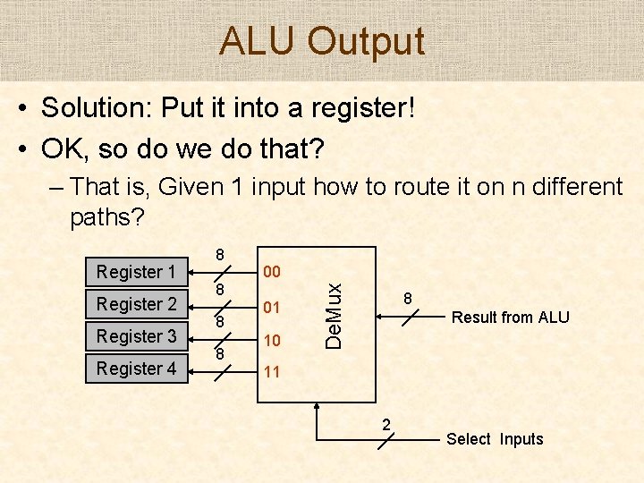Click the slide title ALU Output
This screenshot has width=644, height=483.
[x=322, y=41]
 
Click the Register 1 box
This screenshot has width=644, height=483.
[x=136, y=271]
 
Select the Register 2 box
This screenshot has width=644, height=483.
[x=136, y=303]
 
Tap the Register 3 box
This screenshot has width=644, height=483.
[x=136, y=335]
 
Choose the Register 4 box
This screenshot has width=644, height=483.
[x=136, y=368]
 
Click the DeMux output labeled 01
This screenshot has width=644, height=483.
[x=271, y=307]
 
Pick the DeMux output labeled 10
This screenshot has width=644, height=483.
[x=271, y=341]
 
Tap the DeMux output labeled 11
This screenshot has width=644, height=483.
[x=271, y=371]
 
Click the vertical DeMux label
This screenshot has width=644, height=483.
[x=334, y=316]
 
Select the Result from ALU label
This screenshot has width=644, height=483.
[x=510, y=318]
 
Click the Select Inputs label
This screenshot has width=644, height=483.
[x=495, y=439]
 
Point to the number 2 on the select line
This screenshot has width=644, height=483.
[x=386, y=424]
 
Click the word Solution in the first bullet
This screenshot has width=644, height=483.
[x=95, y=108]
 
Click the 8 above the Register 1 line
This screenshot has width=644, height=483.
[x=220, y=256]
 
